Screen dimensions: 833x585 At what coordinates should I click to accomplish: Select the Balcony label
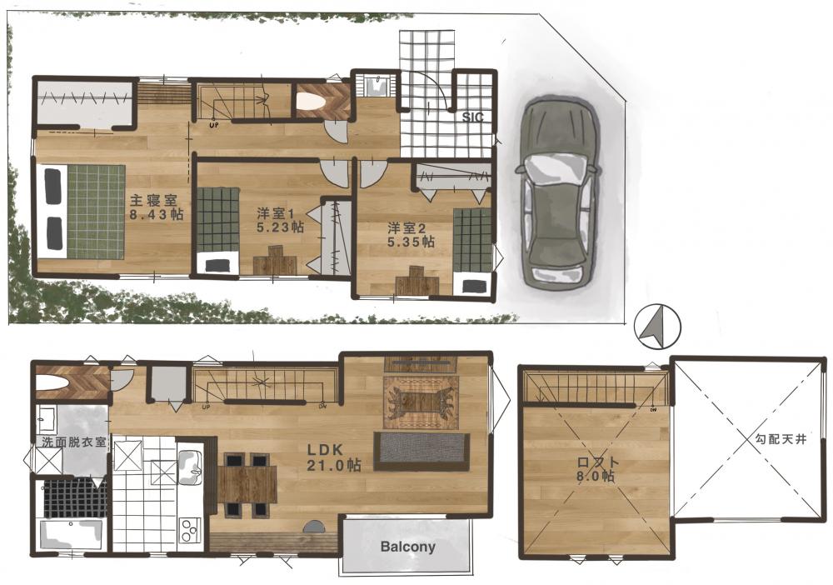coord(407,546)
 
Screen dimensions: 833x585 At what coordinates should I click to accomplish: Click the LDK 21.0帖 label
coord(334,457)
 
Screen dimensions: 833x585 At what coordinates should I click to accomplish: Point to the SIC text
coord(473,117)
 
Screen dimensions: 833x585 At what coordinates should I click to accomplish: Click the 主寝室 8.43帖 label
coord(157,207)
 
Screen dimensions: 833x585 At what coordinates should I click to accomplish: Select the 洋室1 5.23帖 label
coord(280,220)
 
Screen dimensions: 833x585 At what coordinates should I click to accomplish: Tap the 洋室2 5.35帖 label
coord(411,235)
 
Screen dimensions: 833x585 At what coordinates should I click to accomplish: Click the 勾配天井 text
coord(781,439)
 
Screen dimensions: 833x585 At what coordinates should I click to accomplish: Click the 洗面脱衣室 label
coord(74,442)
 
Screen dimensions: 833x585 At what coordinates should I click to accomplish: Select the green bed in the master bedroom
coord(81,211)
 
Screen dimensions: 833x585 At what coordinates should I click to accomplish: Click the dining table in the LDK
coord(247,484)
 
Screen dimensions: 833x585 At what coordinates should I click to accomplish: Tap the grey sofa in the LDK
coord(421,451)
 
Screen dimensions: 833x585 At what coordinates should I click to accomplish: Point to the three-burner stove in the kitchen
coord(189,529)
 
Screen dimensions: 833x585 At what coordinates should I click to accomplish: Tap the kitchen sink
coord(190,466)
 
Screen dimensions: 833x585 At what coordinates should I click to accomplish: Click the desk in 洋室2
coord(417,281)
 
